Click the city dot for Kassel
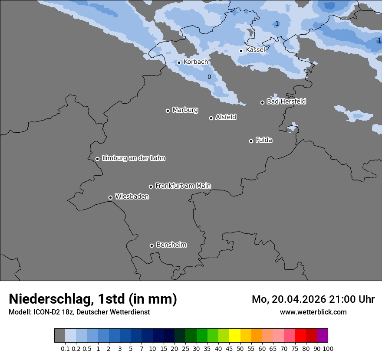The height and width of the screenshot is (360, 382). click(241, 51)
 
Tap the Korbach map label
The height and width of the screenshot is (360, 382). click(195, 62)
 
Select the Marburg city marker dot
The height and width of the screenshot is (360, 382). click(168, 111)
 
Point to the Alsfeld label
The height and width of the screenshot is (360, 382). click(226, 117)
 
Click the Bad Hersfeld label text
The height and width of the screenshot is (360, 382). click(286, 101)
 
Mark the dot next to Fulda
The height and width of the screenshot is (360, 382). click(251, 141)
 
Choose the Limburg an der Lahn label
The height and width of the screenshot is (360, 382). click(133, 158)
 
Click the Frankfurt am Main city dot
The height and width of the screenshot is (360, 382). click(151, 187)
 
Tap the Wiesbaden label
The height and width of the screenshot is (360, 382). click(132, 197)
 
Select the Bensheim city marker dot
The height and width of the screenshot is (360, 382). click(151, 245)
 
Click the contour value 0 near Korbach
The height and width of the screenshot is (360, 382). click(209, 77)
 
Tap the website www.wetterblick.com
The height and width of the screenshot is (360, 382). click(313, 312)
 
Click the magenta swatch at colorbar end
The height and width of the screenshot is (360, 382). click(322, 335)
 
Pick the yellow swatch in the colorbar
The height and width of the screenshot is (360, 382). click(234, 335)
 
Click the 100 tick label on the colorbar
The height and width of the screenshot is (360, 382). click(328, 348)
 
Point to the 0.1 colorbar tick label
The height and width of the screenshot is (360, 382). click(65, 348)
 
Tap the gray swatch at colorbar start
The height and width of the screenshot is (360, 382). click(59, 335)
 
